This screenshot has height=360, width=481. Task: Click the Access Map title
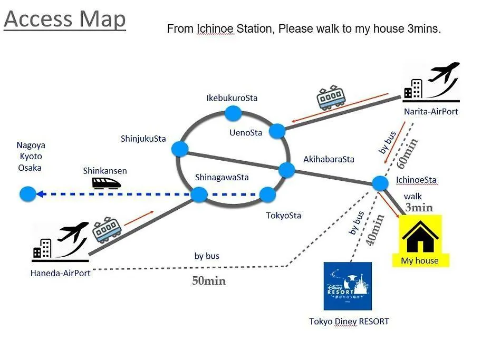(x=65, y=20)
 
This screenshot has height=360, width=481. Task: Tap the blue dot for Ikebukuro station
(x=233, y=113)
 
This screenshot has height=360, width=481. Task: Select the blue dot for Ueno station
(x=277, y=131)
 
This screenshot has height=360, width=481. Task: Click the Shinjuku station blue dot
(x=180, y=149)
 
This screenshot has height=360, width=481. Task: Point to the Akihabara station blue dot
(x=287, y=170)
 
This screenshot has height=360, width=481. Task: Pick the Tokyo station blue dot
(x=267, y=194)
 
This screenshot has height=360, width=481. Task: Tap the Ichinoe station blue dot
(x=380, y=183)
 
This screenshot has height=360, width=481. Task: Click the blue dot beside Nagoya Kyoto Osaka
(x=28, y=194)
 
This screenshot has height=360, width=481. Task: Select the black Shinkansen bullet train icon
(x=107, y=183)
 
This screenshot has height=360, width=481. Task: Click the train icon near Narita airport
(x=331, y=98)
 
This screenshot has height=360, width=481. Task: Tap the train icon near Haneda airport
(x=107, y=229)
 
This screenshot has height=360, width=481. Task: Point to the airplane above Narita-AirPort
(x=444, y=72)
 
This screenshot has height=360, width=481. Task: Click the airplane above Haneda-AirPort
(x=73, y=231)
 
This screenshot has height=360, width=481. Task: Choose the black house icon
(x=420, y=236)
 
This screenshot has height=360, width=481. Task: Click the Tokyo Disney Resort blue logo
(x=348, y=286)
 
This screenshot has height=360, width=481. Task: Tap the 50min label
(x=209, y=281)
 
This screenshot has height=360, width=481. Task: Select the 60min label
(x=407, y=153)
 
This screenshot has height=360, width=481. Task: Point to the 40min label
(x=375, y=230)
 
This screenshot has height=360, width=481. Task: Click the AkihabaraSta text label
(x=329, y=159)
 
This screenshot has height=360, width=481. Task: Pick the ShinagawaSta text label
(x=222, y=177)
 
